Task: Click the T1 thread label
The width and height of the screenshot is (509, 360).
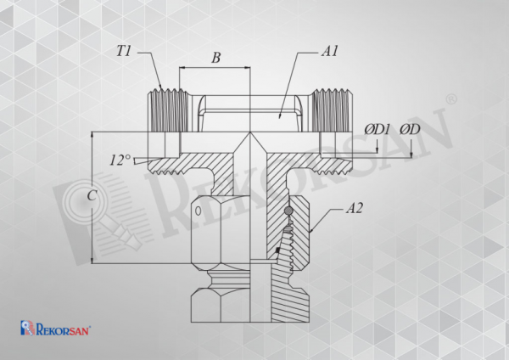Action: (x=123, y=51)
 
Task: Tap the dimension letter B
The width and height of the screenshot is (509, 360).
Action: (x=215, y=58)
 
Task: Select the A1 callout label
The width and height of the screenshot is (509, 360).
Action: (x=330, y=51)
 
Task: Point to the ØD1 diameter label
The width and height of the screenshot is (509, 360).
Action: (x=377, y=129)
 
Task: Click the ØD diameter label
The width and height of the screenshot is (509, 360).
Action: (x=410, y=129)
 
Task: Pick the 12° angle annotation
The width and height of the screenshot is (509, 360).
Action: (x=120, y=160)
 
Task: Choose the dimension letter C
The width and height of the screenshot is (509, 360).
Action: (x=92, y=195)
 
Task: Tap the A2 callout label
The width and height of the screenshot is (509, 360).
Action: (x=354, y=208)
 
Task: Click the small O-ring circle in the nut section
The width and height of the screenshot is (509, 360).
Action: (x=288, y=212)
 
